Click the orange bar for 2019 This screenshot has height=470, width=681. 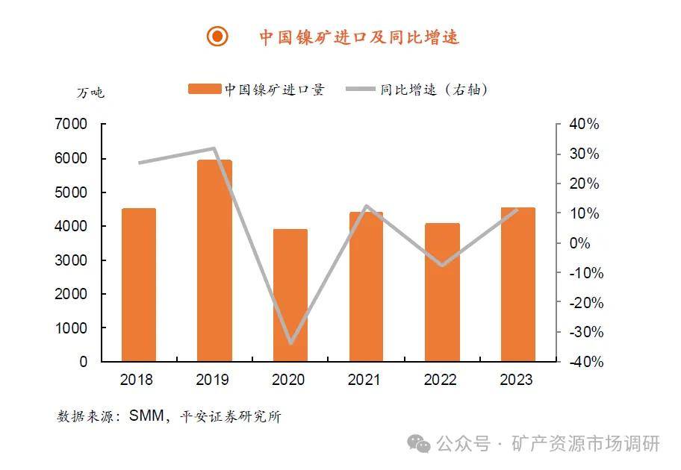214,261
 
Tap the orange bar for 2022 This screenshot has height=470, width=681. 442,292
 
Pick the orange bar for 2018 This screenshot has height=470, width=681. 139,285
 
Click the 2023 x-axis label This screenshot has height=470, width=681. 517,380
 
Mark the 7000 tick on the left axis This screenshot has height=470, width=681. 72,125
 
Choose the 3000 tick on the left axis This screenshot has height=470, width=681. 72,260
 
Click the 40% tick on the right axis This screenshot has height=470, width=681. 584,125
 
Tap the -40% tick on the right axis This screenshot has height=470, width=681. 582,362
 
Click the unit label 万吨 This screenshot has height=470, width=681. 91,93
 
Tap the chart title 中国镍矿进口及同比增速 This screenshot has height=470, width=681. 359,37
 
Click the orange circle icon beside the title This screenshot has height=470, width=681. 217,36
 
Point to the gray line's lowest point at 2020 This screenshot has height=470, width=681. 290,343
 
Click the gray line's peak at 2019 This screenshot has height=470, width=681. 214,148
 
